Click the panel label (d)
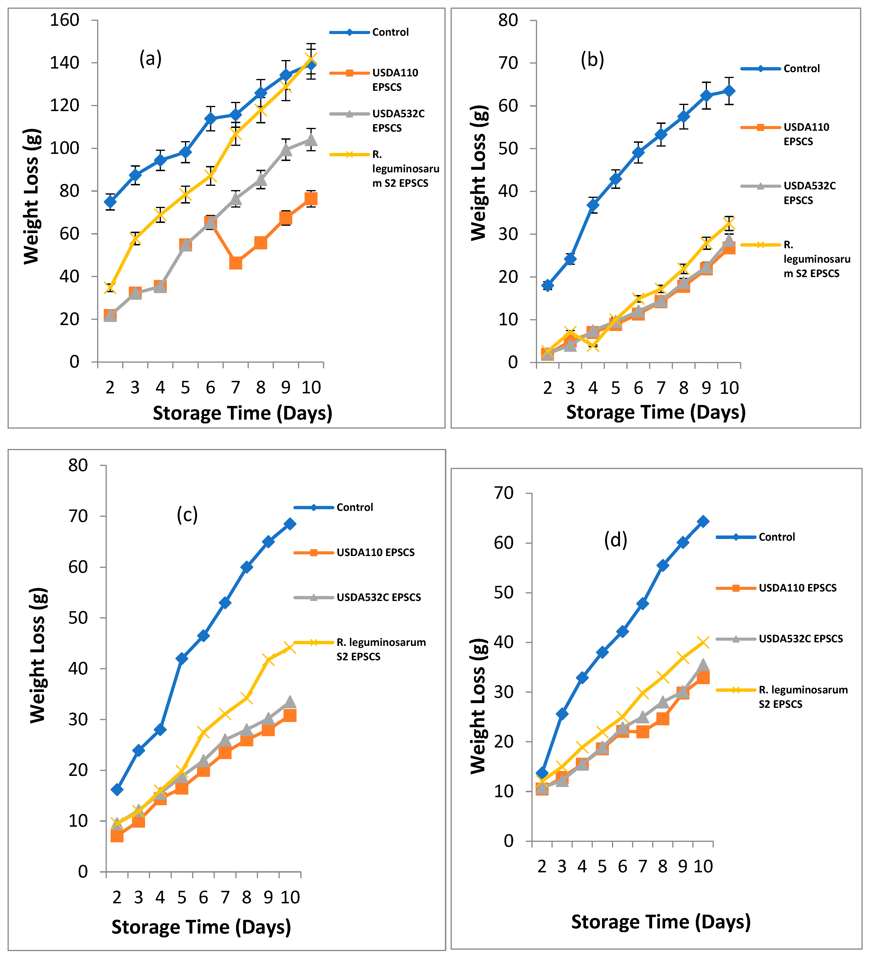(x=616, y=540)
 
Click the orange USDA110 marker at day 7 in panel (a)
(x=235, y=262)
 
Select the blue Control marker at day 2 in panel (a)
(x=110, y=202)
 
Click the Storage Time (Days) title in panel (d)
(x=660, y=921)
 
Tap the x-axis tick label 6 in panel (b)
(x=638, y=388)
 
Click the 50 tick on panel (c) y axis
(x=78, y=618)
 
